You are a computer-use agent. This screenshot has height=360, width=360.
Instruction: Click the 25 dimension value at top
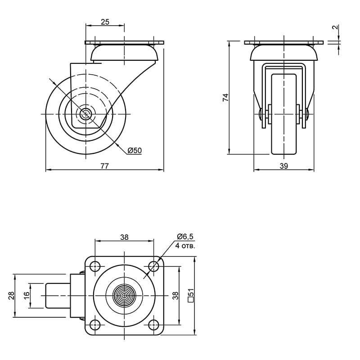[105, 22]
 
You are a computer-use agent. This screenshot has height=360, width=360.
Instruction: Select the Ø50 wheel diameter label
[135, 151]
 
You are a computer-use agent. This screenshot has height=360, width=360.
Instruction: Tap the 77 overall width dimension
[104, 166]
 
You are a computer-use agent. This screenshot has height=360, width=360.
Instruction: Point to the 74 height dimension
[226, 97]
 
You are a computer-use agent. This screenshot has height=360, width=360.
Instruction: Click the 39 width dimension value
[284, 166]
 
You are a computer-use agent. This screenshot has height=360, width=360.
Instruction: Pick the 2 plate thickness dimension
[335, 27]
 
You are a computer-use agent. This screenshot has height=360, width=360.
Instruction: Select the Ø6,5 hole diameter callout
[185, 236]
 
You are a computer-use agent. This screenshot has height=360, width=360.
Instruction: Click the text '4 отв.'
[185, 246]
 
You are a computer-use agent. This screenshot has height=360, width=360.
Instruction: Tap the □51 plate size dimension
[191, 296]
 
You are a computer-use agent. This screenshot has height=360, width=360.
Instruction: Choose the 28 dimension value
[12, 296]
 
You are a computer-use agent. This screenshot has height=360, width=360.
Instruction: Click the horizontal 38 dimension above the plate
[124, 237]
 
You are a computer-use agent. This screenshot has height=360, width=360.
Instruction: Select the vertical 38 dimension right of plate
[175, 296]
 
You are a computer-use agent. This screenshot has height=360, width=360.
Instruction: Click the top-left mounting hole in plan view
[95, 266]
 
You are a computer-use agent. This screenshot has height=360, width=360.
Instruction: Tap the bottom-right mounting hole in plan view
[153, 324]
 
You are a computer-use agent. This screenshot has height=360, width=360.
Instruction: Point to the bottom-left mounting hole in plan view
[95, 324]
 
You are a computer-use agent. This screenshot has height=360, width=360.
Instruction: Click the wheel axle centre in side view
[85, 114]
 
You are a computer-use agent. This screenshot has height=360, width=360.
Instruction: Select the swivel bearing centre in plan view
[124, 296]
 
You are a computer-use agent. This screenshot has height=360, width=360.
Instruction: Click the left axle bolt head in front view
[260, 114]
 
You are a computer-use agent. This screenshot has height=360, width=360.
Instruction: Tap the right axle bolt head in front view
[307, 114]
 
